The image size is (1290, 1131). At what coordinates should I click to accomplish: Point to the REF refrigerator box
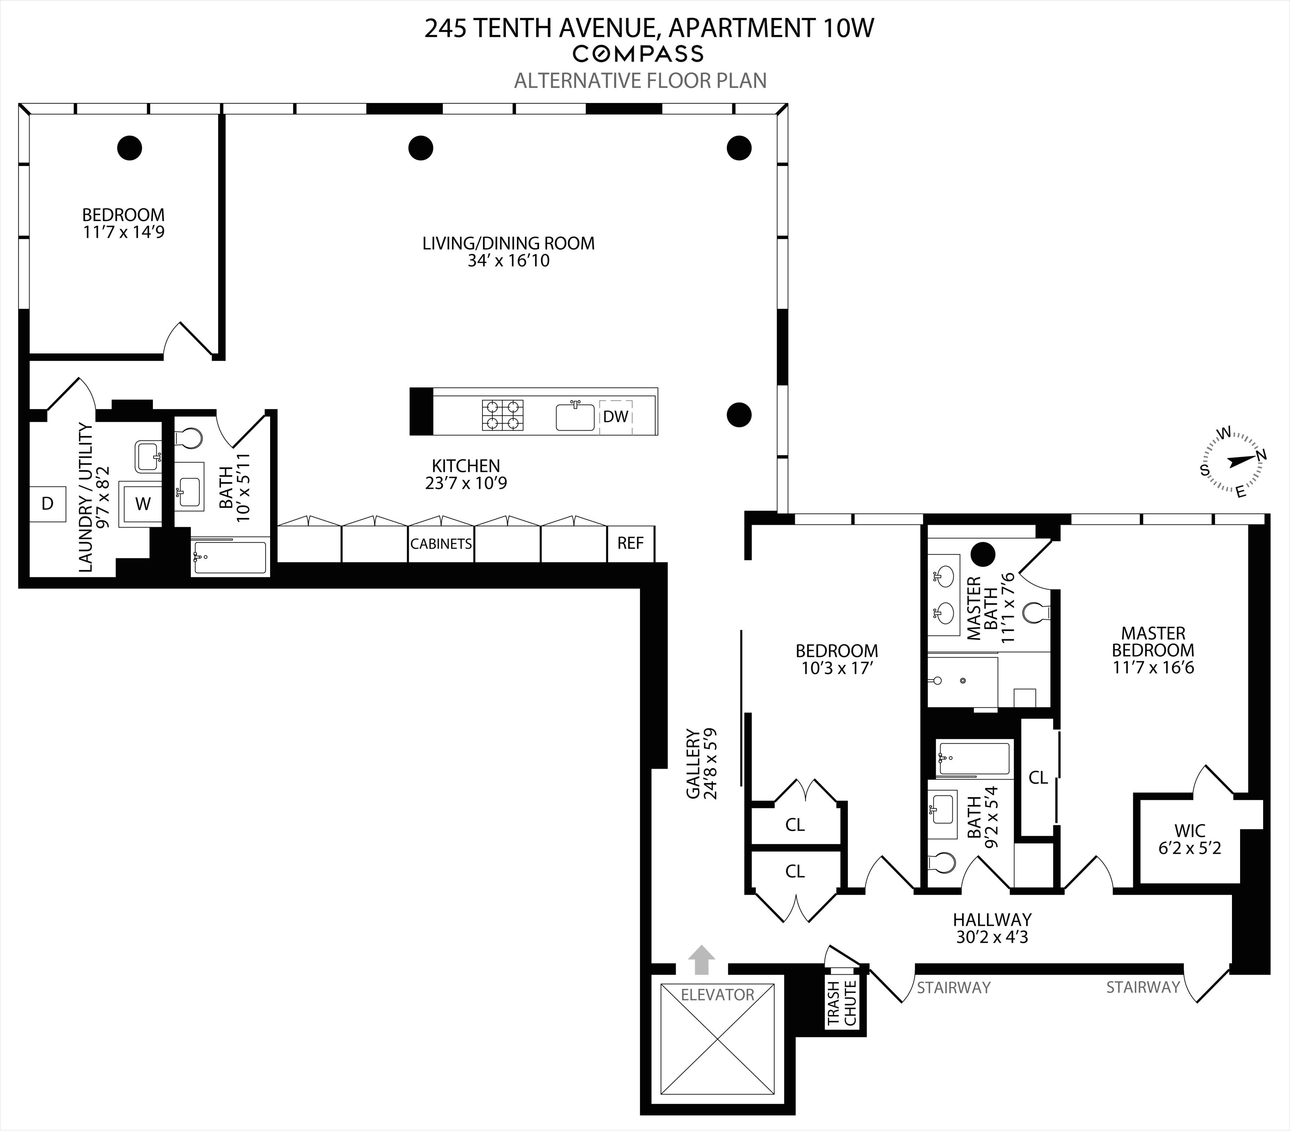[630, 543]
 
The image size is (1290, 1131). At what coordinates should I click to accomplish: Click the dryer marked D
[47, 504]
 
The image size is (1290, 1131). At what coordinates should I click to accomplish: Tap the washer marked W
[143, 504]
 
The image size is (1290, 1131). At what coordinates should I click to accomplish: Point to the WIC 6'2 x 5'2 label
[1190, 839]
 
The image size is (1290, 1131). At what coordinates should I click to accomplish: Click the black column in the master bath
[983, 554]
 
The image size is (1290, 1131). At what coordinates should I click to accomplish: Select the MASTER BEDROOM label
[1153, 642]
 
